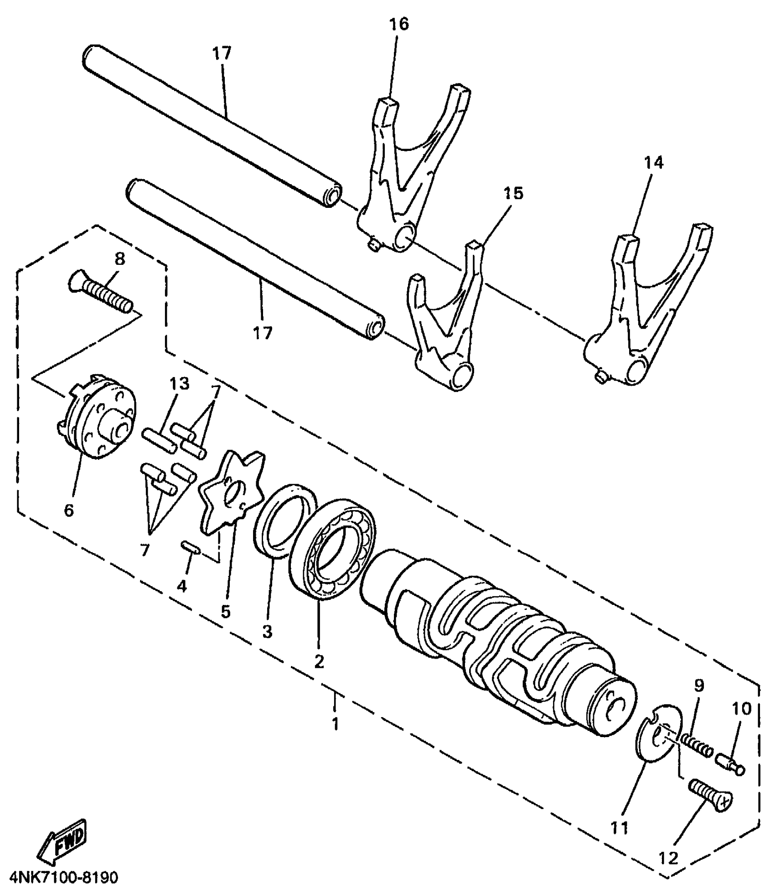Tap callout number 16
[399, 24]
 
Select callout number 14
[653, 163]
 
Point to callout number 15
[513, 194]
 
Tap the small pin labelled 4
[189, 547]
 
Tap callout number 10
[741, 709]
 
